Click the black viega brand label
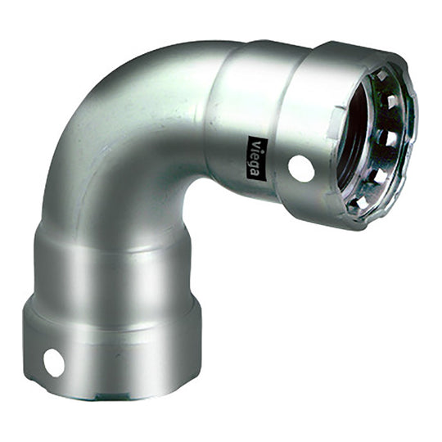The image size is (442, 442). pos(254,156)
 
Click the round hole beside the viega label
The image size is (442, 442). pos(300,169)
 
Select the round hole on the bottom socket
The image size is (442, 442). pos(53,362)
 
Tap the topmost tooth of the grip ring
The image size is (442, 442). pos(382,75)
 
